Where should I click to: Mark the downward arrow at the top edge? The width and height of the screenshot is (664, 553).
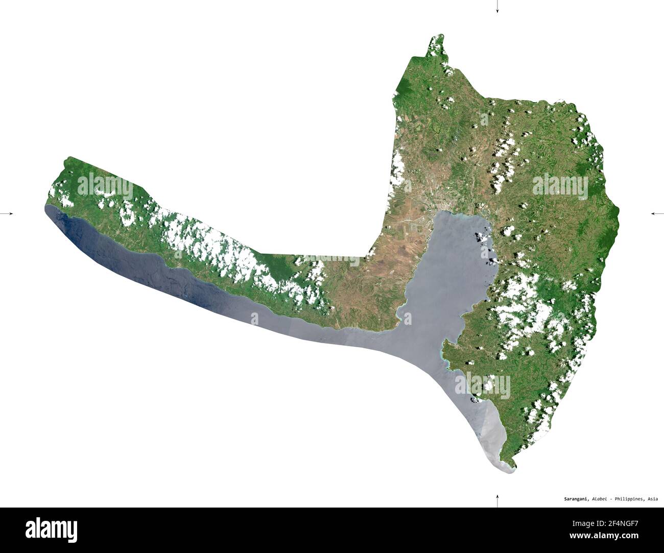(x=497, y=8)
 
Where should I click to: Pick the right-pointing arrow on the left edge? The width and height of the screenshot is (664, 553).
(x=8, y=213)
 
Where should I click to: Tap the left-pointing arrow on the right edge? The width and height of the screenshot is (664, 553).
(x=656, y=213)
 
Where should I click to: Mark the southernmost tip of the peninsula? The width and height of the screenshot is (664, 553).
(x=511, y=468)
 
